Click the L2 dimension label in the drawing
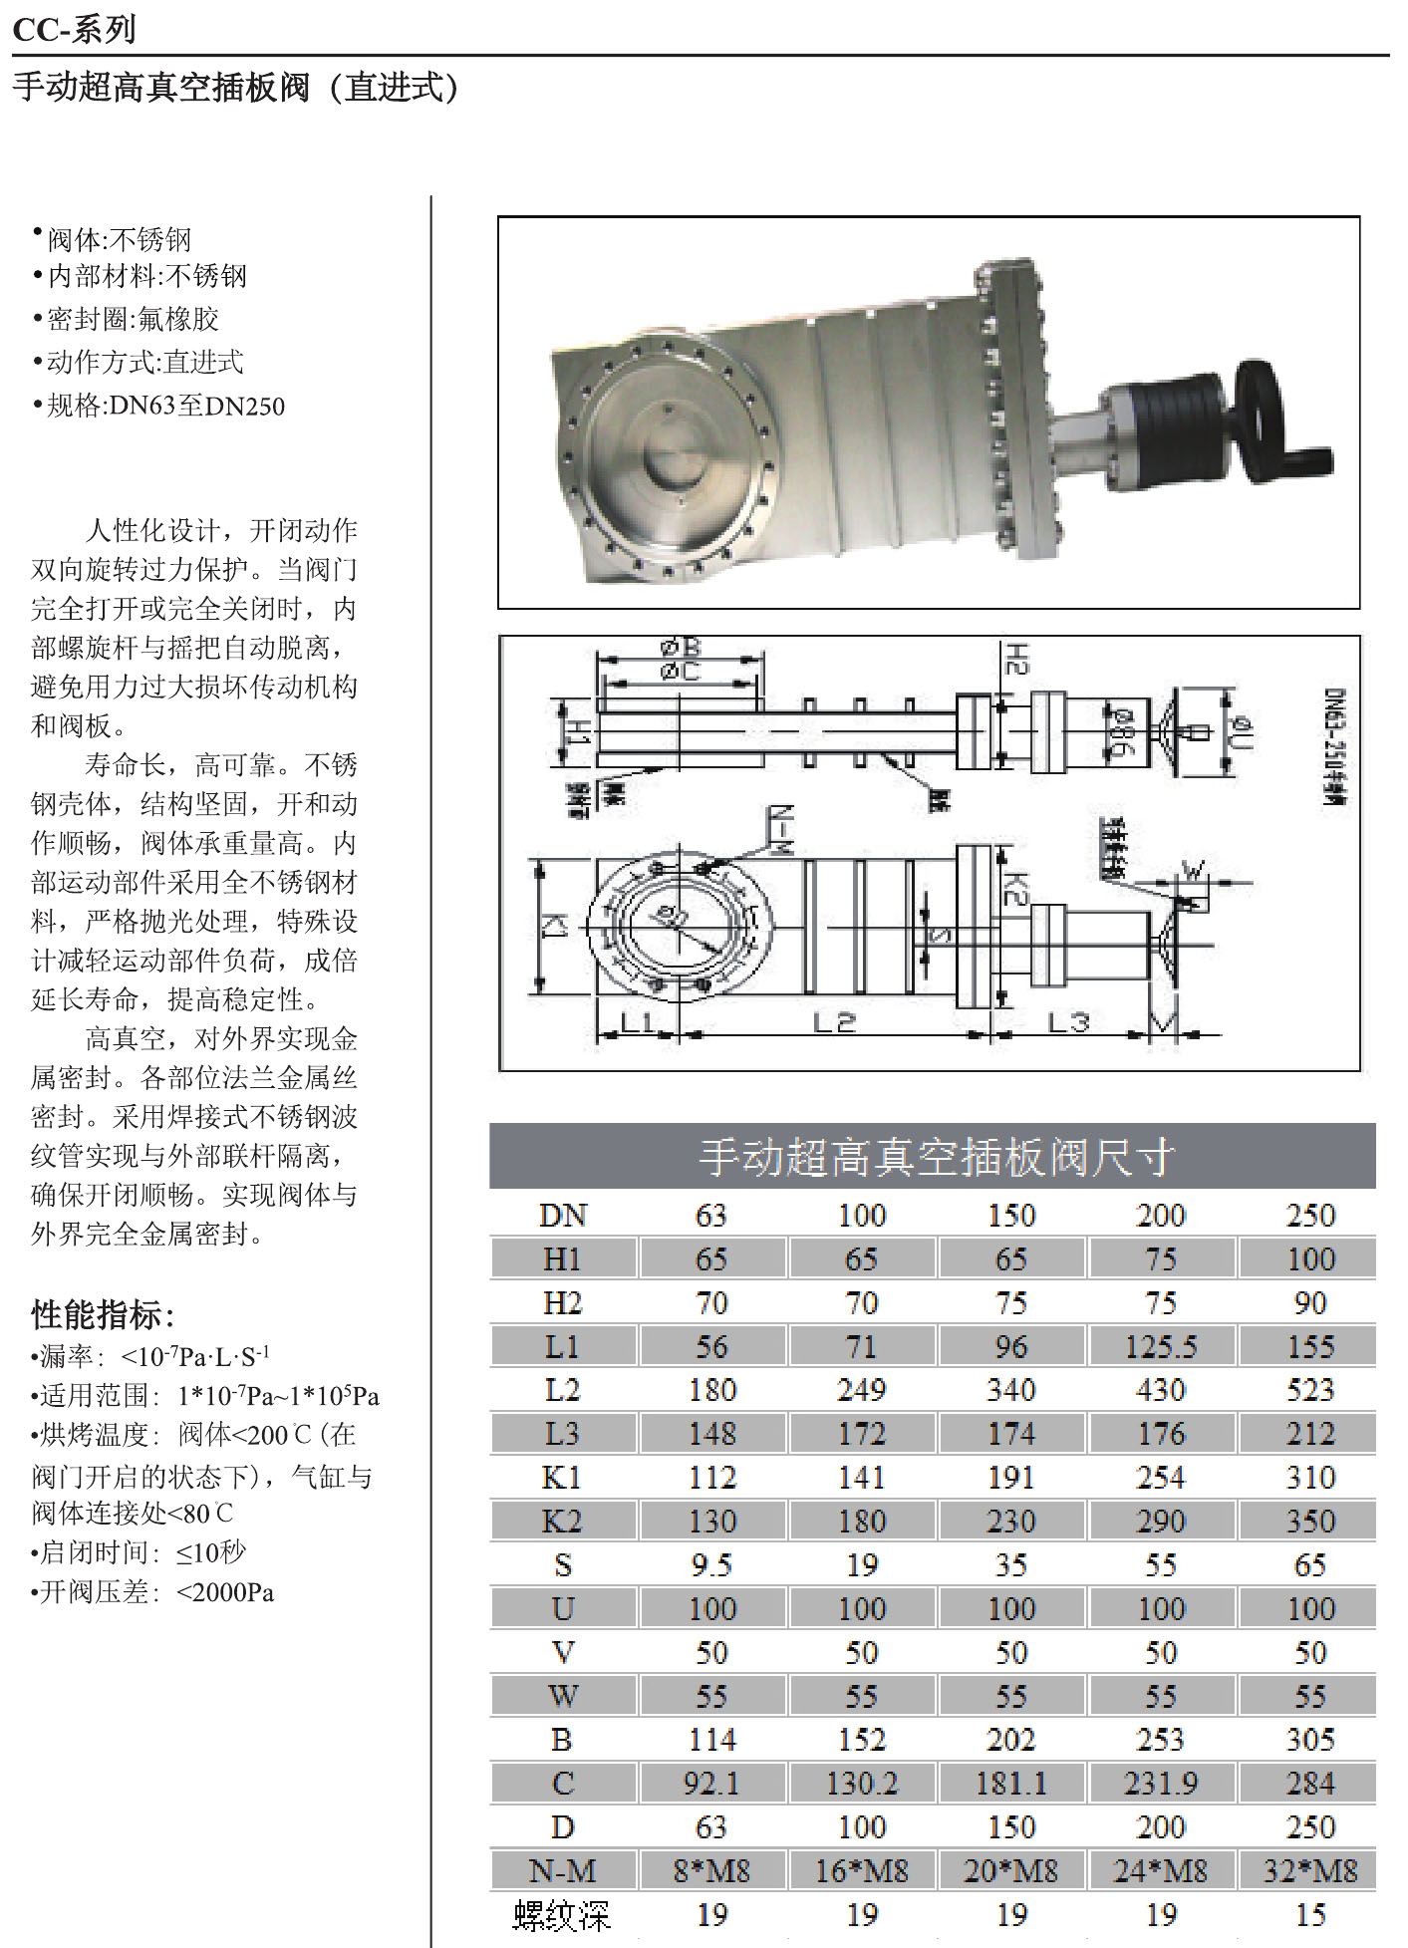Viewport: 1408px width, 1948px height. click(x=834, y=1022)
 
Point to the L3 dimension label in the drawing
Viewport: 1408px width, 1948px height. click(x=1067, y=1022)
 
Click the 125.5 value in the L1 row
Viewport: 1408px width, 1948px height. click(x=1161, y=1347)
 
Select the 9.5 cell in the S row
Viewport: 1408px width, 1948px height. click(x=711, y=1565)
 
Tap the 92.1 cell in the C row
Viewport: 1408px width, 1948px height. click(x=711, y=1784)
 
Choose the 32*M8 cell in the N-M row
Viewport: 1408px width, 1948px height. click(x=1309, y=1871)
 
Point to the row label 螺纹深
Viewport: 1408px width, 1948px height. click(x=561, y=1915)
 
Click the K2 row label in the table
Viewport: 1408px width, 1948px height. click(x=562, y=1522)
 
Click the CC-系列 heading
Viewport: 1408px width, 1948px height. click(x=75, y=29)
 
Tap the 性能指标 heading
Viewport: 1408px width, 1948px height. click(x=102, y=1315)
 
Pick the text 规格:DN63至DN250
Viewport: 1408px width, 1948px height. click(x=165, y=406)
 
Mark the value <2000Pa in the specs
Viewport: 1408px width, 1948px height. click(x=225, y=1592)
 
